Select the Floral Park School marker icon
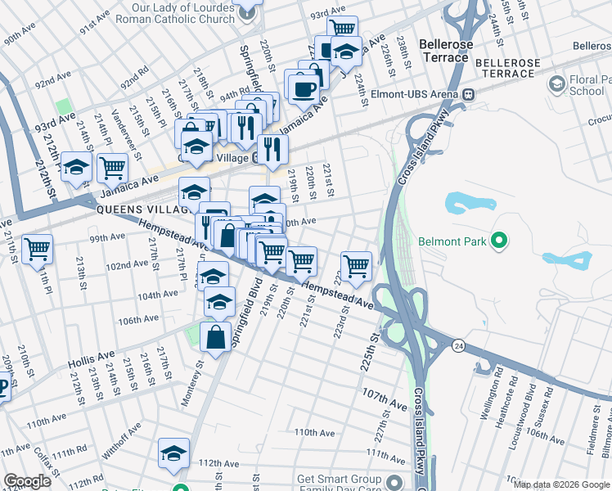pyautogui.click(x=557, y=83)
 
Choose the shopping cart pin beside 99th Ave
pyautogui.click(x=37, y=247)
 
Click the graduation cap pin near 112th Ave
pyautogui.click(x=173, y=453)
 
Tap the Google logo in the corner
pyautogui.click(x=27, y=481)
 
